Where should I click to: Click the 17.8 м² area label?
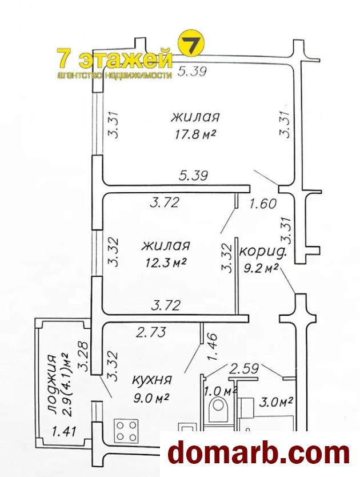tap(195, 134)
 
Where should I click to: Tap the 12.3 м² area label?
tap(166, 262)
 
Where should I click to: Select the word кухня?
tap(152, 380)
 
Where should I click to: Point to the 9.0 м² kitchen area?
tap(151, 398)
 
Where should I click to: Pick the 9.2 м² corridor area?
tap(262, 268)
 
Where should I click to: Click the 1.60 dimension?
tap(263, 204)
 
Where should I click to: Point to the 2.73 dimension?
tap(151, 332)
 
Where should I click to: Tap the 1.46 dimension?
tap(213, 347)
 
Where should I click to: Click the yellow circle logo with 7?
tap(191, 43)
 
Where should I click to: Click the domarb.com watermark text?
tap(258, 454)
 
